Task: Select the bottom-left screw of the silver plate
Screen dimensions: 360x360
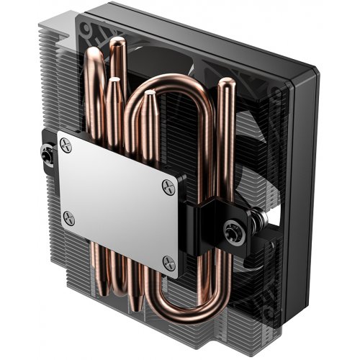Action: click(69, 214)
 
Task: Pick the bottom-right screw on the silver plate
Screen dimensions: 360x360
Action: click(169, 260)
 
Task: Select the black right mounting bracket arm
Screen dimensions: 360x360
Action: click(216, 216)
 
